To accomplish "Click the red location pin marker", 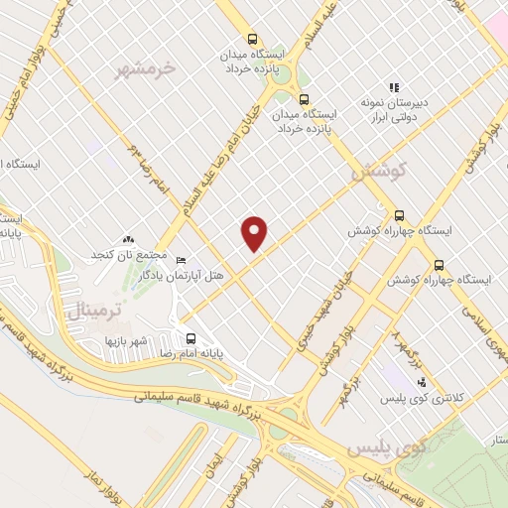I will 255,233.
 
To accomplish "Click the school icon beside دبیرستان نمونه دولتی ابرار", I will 394,87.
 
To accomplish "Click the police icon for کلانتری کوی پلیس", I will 421,381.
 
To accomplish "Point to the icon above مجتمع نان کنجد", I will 127,239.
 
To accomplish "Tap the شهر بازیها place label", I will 127,340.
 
